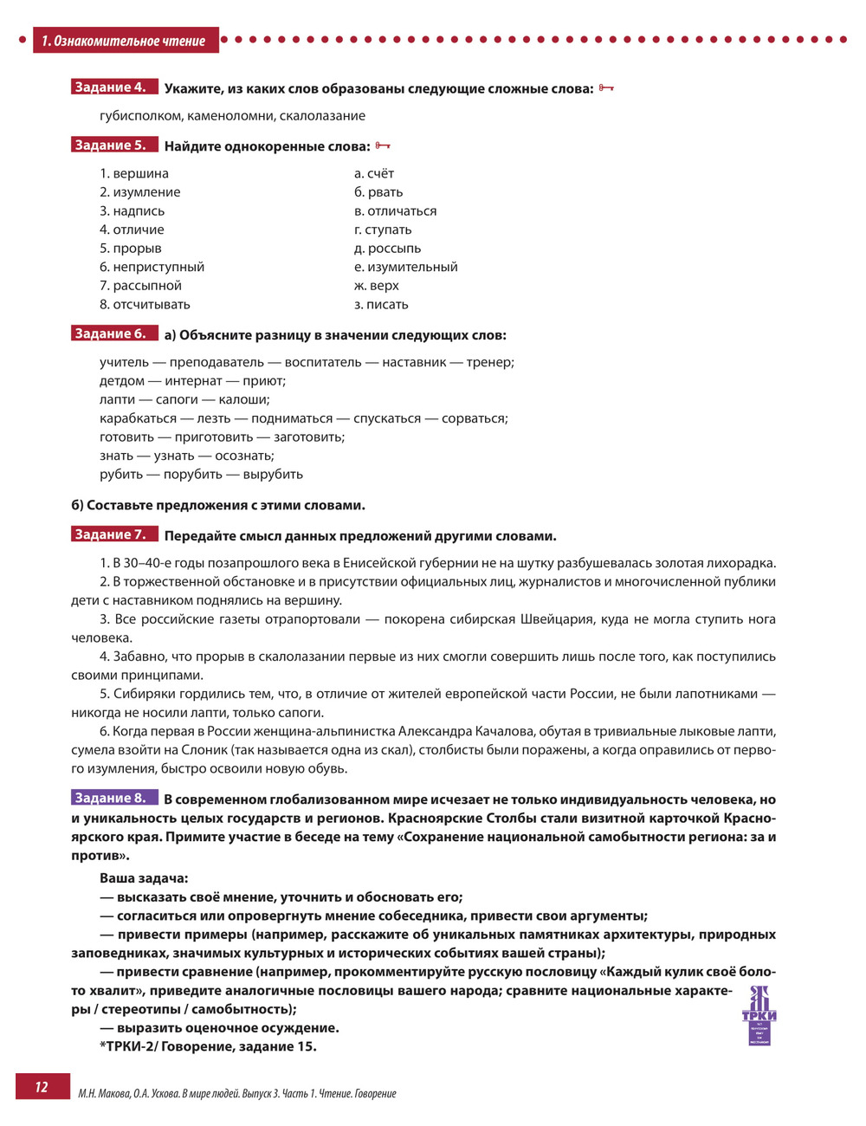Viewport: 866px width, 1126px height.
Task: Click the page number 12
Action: click(x=42, y=1087)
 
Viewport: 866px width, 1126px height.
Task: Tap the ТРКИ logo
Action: click(x=759, y=1014)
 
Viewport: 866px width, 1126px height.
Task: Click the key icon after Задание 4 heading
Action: click(x=606, y=88)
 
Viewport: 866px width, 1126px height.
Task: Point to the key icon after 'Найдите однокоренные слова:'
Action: click(x=383, y=146)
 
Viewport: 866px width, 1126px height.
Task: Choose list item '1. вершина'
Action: click(x=134, y=173)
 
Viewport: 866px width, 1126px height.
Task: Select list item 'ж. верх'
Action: click(x=377, y=286)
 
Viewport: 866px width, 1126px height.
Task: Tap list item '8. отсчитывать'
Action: click(x=145, y=305)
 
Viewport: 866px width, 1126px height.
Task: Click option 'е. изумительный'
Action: click(x=406, y=267)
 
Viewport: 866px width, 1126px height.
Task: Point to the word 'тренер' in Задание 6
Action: click(x=489, y=362)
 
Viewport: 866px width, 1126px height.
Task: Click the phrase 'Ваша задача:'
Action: click(x=144, y=878)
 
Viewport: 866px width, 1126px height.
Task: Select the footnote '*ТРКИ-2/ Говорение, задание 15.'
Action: click(x=208, y=1046)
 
